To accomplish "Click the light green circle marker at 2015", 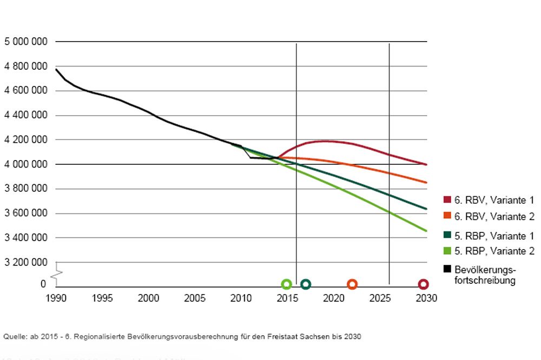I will (287, 284).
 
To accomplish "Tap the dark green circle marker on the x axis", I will (306, 284).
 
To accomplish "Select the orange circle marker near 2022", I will (352, 284).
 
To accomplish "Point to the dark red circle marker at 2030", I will (424, 284).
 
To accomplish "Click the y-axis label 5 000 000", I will (26, 42).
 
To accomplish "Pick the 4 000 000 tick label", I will (26, 164).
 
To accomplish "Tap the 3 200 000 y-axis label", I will (26, 262).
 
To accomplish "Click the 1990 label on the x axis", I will (56, 298).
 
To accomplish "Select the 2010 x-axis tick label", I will (241, 298).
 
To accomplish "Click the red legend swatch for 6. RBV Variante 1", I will (447, 200).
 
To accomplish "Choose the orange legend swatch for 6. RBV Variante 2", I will (447, 217).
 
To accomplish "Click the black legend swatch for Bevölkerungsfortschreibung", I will (447, 269).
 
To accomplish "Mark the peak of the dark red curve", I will (325, 141).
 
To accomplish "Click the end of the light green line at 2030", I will (427, 231).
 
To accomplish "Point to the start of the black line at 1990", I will (56, 69).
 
